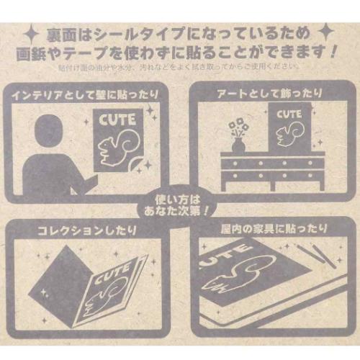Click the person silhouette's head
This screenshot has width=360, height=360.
48,130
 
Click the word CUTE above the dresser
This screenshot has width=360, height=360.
289,114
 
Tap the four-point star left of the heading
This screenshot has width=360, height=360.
30,33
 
